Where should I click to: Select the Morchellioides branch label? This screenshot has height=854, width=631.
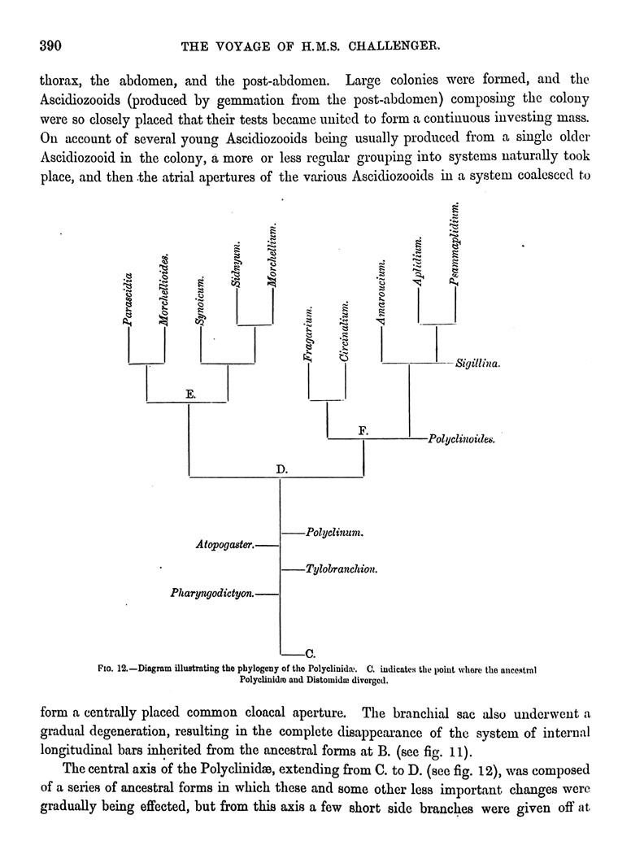coord(164,290)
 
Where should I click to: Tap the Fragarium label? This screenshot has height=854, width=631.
coord(310,334)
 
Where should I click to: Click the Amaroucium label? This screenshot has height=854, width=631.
coord(381,294)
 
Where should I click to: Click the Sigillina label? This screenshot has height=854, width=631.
coord(477,364)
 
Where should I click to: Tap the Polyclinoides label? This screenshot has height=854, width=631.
coord(459,440)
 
